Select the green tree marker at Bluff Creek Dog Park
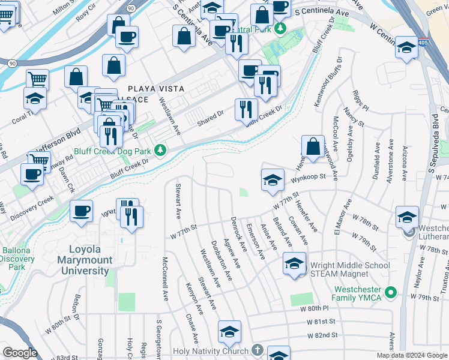coord(160,149)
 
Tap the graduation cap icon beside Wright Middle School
coord(294,265)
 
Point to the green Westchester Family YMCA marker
coord(392,292)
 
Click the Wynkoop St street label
coord(309,177)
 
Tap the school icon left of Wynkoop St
coord(272,179)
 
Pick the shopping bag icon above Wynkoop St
coord(313,146)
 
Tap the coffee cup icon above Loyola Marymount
coord(81,211)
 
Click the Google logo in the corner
coord(20,353)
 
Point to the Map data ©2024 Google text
coord(411,355)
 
